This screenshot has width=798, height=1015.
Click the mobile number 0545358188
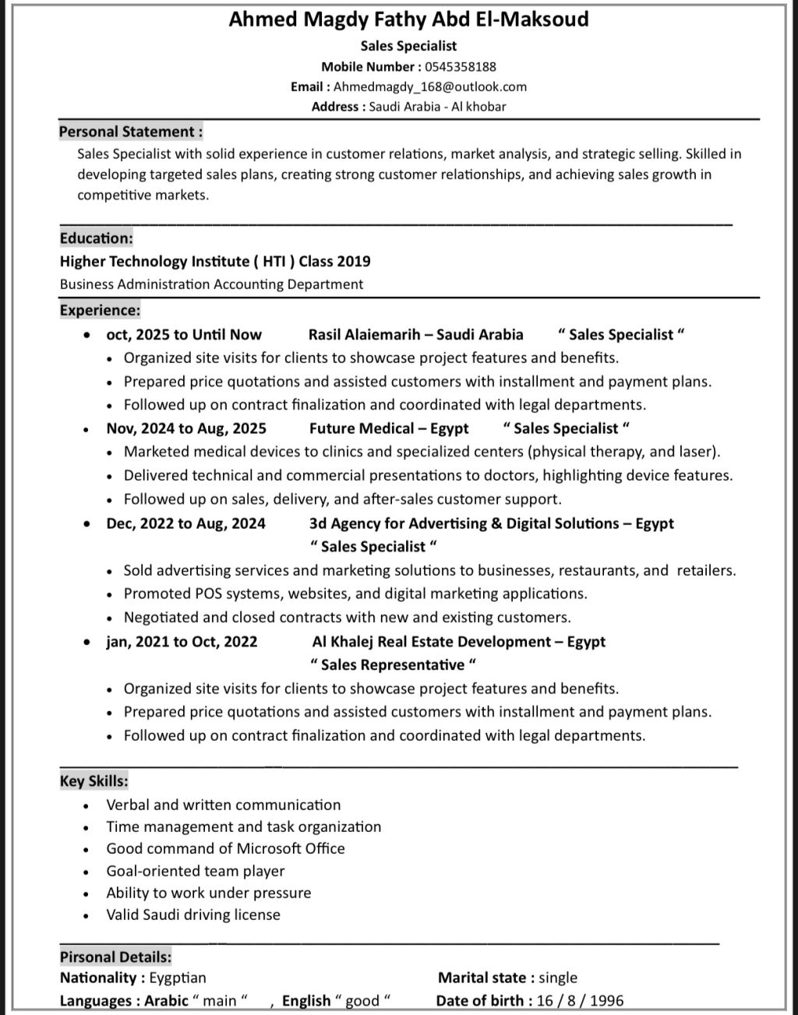click(x=461, y=66)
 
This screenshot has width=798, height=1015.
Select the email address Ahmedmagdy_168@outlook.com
click(x=430, y=86)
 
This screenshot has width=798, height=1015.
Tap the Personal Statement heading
click(x=131, y=132)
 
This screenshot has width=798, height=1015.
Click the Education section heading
click(x=97, y=238)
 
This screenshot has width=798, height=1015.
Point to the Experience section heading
click(x=101, y=310)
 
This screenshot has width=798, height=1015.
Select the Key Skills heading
click(x=94, y=781)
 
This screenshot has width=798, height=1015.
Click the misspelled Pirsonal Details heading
click(x=116, y=957)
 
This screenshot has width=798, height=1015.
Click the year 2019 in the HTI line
click(x=354, y=262)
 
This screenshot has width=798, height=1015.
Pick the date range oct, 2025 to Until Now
click(x=184, y=335)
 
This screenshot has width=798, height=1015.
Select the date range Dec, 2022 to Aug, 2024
click(x=185, y=523)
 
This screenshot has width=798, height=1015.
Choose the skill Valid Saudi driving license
click(x=193, y=915)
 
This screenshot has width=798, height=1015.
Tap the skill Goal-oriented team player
click(x=196, y=871)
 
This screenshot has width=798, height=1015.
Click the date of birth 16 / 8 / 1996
click(x=580, y=1001)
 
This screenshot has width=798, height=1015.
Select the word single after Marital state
click(x=558, y=978)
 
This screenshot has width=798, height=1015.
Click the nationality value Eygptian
click(x=178, y=978)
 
